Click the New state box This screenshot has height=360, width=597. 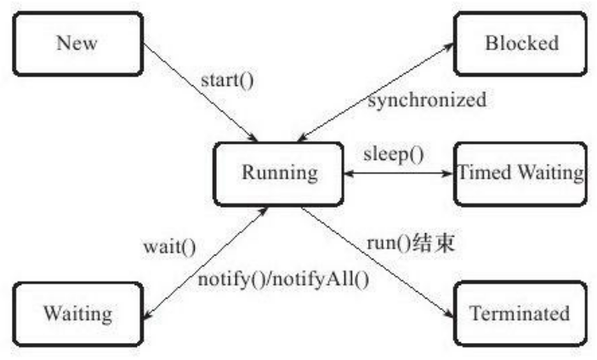(x=78, y=43)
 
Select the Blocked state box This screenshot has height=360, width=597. (x=520, y=43)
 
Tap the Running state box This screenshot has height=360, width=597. (x=280, y=174)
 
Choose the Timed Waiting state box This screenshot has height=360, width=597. (x=520, y=174)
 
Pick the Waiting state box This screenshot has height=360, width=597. (x=78, y=313)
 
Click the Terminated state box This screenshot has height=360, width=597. (x=520, y=313)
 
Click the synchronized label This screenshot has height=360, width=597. (x=426, y=100)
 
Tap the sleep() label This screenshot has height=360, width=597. (x=395, y=156)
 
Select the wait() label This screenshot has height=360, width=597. (x=169, y=249)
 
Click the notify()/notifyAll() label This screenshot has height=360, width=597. (x=284, y=278)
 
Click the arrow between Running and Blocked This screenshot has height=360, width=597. (x=375, y=94)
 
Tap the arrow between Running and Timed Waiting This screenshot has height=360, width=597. (x=397, y=174)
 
